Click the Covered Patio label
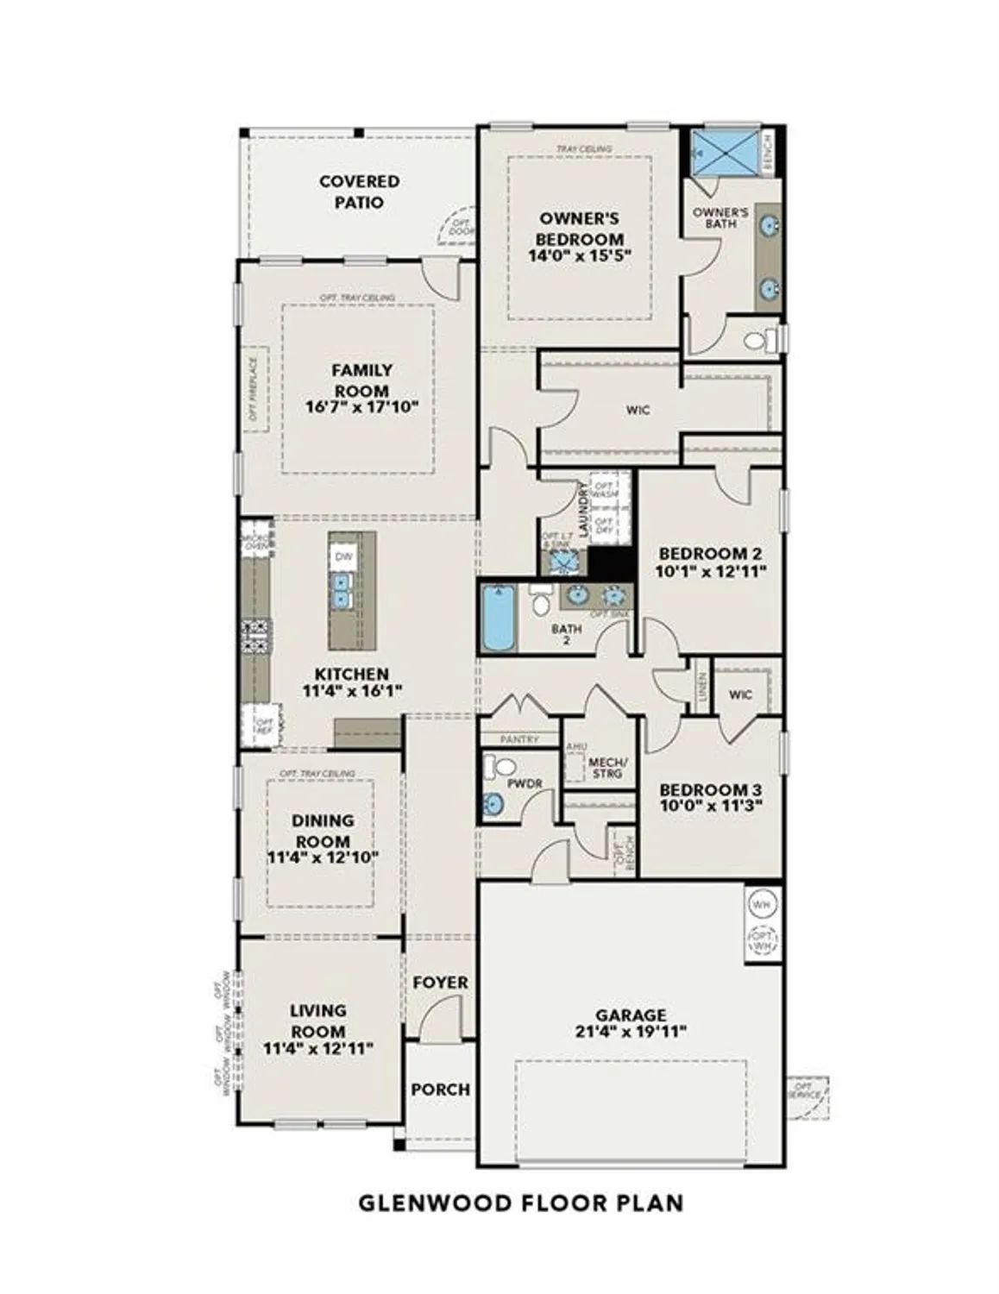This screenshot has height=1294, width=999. (359, 192)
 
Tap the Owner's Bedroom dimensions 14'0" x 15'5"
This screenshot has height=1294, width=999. (580, 255)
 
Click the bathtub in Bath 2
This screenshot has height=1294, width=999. (498, 619)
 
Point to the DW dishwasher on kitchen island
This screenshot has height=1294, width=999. (342, 556)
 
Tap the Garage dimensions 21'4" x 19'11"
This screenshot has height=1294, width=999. (630, 1031)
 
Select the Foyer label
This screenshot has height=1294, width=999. (440, 983)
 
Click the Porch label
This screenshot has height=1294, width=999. (440, 1090)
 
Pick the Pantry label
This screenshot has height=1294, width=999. (519, 739)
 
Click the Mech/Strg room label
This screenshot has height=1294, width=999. (607, 768)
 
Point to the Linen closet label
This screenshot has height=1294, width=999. (702, 692)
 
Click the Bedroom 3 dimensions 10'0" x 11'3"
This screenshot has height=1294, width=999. (710, 807)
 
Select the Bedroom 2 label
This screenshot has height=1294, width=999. (710, 554)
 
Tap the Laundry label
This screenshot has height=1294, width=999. (584, 509)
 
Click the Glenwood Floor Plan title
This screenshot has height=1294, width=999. (521, 1203)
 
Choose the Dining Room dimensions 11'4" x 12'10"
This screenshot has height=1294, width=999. (323, 857)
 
